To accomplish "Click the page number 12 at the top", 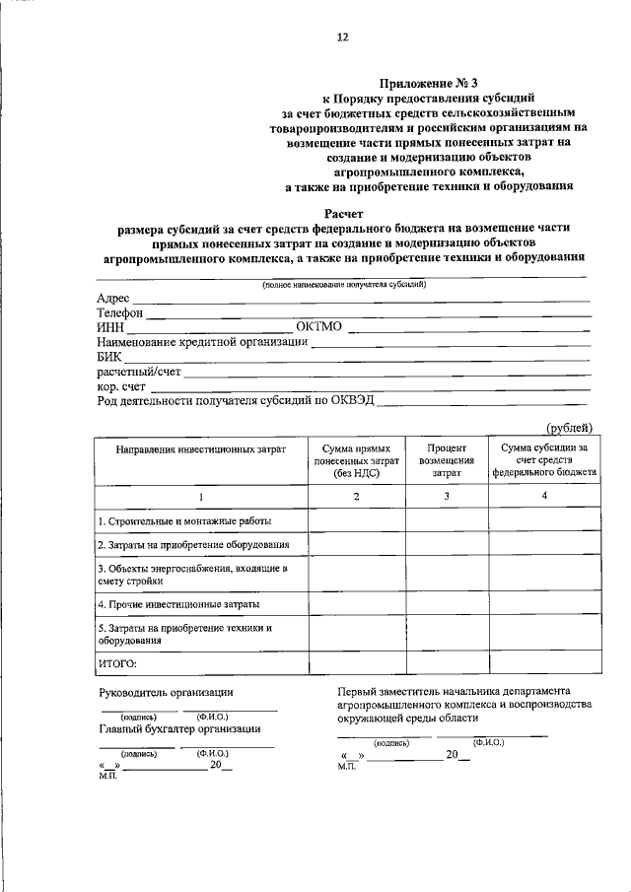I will (x=342, y=37).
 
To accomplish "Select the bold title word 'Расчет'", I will (x=343, y=213).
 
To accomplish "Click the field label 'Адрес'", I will (x=113, y=299).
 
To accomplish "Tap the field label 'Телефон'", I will (x=120, y=313).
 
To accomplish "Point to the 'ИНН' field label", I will (x=110, y=327).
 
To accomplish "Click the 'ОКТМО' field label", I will (x=320, y=327).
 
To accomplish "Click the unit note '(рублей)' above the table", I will (x=570, y=427).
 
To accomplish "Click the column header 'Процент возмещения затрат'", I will (x=447, y=459).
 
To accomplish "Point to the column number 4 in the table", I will (x=543, y=495).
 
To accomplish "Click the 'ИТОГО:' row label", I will (x=117, y=662).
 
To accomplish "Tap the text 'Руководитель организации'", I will (x=166, y=693).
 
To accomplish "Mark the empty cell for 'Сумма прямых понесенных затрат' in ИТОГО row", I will (x=356, y=662).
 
